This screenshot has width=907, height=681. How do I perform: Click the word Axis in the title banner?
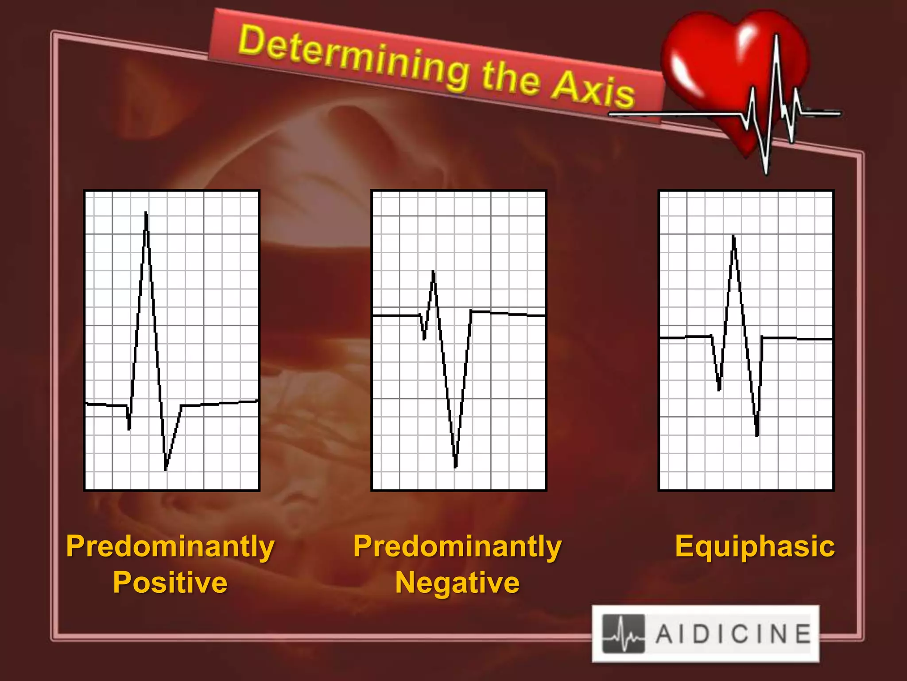(x=593, y=91)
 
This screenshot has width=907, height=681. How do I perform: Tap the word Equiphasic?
(x=755, y=546)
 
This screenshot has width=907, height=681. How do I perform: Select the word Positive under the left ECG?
(x=170, y=582)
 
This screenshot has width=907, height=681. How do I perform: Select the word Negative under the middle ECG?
(x=457, y=582)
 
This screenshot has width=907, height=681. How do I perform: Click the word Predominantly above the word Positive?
(x=170, y=547)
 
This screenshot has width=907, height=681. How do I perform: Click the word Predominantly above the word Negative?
(x=457, y=547)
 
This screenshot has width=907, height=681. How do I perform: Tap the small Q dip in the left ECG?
(x=129, y=428)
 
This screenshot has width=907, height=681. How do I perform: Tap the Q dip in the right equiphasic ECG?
(x=719, y=389)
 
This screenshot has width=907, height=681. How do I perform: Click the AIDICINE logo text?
(x=733, y=634)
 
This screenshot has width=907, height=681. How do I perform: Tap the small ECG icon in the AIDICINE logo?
(x=624, y=634)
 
